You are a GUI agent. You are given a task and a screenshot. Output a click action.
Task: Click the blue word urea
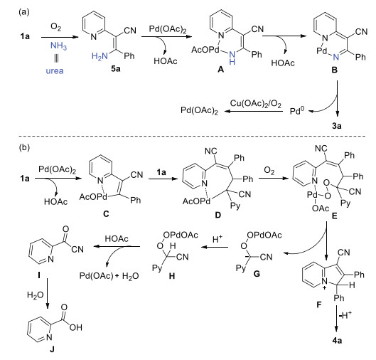coord(55,71)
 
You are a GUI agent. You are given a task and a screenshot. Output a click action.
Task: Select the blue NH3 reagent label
coord(58,46)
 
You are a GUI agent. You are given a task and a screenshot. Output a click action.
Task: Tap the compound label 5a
coord(116,69)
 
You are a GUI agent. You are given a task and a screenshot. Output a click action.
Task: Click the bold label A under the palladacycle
coord(220,70)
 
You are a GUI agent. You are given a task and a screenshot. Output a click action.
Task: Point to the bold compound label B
coord(334,70)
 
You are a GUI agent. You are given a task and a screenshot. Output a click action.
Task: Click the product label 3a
coord(337,125)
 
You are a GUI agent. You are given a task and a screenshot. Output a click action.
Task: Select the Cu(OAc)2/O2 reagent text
coord(256,103)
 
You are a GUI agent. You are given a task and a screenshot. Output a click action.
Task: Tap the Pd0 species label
coord(297,111)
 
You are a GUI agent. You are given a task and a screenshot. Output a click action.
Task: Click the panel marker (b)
coord(24,147)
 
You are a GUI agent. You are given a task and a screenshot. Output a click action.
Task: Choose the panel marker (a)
coord(24,12)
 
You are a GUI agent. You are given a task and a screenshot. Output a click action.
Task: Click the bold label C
coord(106,213)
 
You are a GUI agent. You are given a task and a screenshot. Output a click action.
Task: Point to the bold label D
coord(217,215)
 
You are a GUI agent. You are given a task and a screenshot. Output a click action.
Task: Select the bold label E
coord(334,216)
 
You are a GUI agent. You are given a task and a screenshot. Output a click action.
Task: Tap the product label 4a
coord(337,340)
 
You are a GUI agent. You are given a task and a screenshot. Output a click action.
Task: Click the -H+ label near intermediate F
coord(345,314)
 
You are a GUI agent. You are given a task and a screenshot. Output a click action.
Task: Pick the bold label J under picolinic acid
coord(53,349)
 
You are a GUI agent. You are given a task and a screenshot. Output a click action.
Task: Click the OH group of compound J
coord(76,327)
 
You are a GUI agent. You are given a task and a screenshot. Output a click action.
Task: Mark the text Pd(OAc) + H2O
coord(109,276)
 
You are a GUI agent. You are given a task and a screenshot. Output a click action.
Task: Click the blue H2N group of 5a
coord(100,56)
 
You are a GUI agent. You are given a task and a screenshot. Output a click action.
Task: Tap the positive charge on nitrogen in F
coord(324,287)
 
